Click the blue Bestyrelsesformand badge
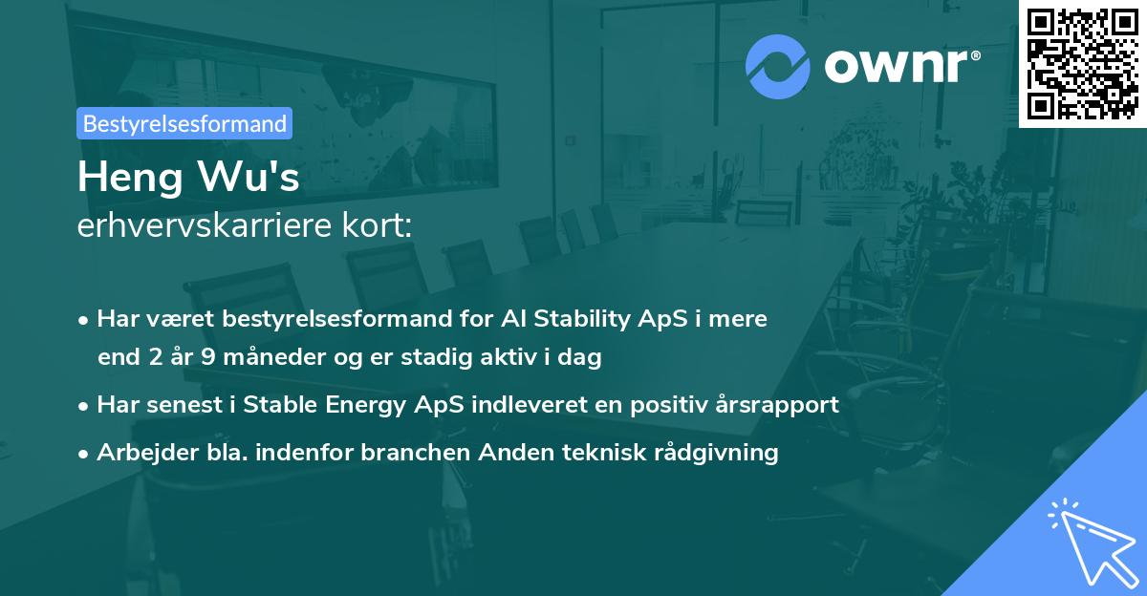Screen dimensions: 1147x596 [184, 123]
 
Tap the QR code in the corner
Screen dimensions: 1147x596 [1082, 63]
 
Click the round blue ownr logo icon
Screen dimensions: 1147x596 [777, 67]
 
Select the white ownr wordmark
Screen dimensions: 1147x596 [902, 66]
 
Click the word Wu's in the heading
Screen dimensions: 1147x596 [249, 177]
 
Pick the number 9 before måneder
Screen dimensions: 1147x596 [208, 356]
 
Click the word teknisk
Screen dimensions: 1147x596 [604, 452]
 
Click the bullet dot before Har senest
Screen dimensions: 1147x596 [83, 407]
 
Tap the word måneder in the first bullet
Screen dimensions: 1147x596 [274, 356]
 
